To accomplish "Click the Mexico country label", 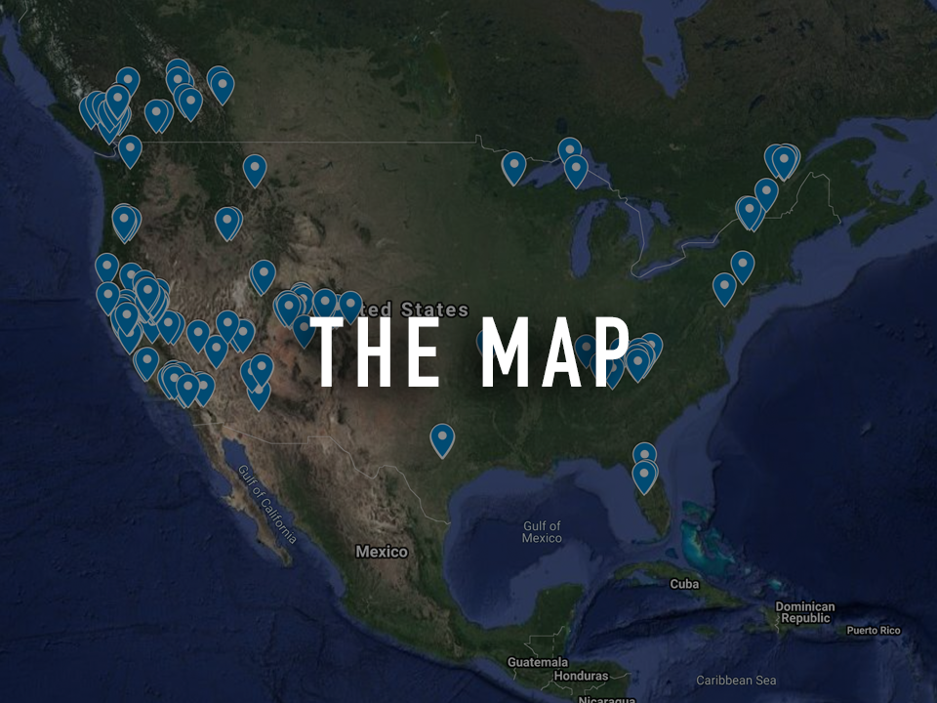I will pos(382,552).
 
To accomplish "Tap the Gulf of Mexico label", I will pos(542,532).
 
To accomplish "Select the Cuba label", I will pos(684,584).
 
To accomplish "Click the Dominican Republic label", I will pos(805,612).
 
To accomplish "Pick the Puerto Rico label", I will pos(874,631).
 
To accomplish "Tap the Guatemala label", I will pos(538,662).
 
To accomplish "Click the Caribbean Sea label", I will pos(736,680).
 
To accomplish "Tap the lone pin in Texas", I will pos(442,438).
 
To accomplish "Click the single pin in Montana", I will pos(255,169).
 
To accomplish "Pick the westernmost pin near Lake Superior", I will pos(514,166).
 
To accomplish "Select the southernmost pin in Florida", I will pos(644,476).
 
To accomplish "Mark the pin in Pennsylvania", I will pos(724,287).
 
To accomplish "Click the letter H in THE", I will pos(377,352).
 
